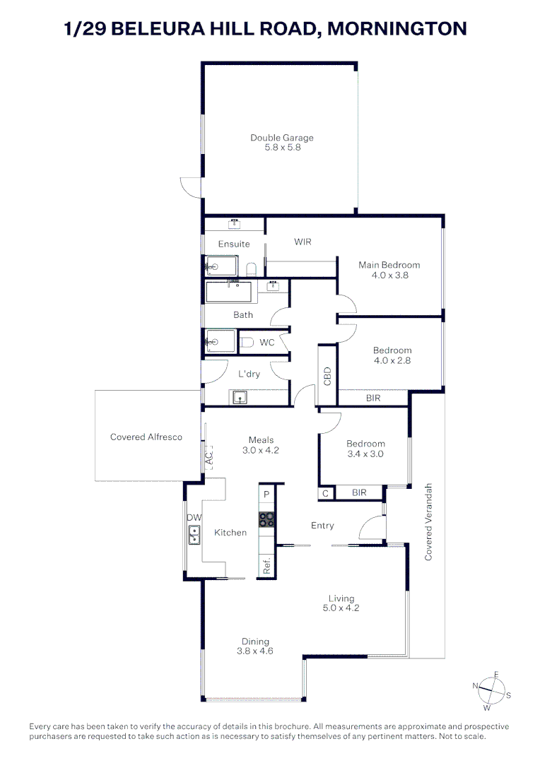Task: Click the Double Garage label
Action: tap(281, 138)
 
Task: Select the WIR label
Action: tap(303, 242)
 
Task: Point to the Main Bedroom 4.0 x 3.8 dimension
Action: tap(389, 276)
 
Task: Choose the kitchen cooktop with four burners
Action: tap(266, 520)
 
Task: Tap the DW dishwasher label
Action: tap(194, 518)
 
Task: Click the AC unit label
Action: tap(209, 457)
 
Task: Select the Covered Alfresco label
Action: tap(146, 437)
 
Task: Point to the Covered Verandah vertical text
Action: tap(428, 523)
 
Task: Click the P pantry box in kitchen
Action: tap(266, 494)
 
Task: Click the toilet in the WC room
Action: tap(247, 343)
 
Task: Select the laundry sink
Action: tap(239, 398)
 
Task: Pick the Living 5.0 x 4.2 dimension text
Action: tap(341, 608)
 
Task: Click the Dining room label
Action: tap(255, 641)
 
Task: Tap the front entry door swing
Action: tap(370, 529)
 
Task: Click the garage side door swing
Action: tap(192, 187)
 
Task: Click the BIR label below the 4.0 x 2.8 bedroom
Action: tap(373, 398)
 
